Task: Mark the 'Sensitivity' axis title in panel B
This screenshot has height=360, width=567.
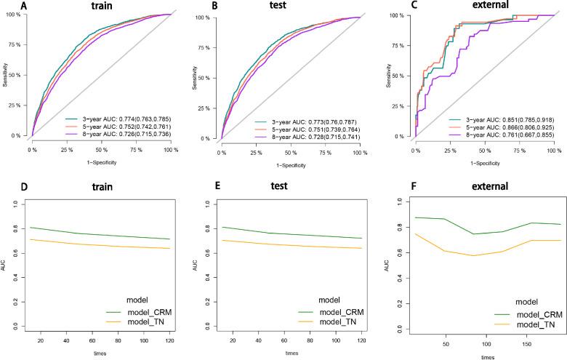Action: [201, 75]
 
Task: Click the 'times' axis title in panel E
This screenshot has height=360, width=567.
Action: [291, 353]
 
